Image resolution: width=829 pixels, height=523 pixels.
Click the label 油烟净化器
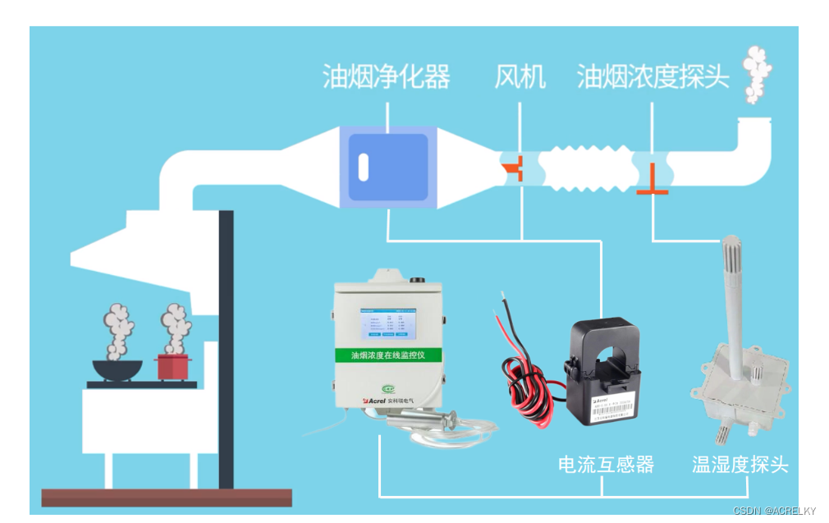pos(386,77)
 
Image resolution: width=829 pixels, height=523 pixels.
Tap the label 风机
pos(520,77)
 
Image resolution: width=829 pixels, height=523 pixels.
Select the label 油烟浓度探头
pos(653,77)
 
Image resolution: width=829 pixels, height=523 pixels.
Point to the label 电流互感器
pos(606,465)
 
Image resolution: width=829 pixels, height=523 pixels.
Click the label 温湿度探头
pos(740,465)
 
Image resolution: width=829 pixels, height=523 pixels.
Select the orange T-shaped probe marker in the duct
pos(653,182)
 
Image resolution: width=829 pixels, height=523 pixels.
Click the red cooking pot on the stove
pos(174,366)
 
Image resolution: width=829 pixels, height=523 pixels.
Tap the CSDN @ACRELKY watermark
pos(775,511)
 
